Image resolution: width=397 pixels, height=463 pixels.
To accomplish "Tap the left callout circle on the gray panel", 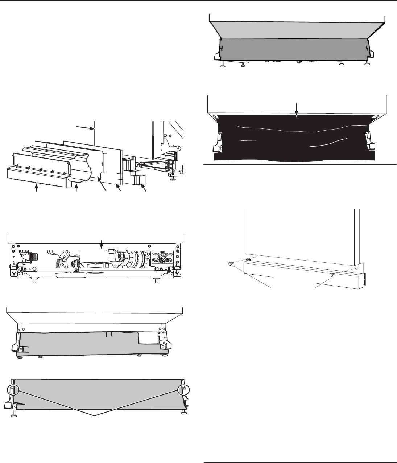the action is (x=12, y=390).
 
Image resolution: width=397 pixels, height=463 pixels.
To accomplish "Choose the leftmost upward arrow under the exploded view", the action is (x=36, y=189).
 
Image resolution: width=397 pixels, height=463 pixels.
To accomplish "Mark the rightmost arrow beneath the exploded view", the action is (x=144, y=188).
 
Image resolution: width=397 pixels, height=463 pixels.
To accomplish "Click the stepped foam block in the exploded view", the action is (x=138, y=179).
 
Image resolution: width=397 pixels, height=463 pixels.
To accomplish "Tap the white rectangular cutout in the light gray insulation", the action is (x=148, y=339).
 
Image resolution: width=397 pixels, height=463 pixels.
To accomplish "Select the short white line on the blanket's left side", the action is (x=248, y=140).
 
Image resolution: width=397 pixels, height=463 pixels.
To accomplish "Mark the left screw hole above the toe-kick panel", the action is (x=256, y=257).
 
